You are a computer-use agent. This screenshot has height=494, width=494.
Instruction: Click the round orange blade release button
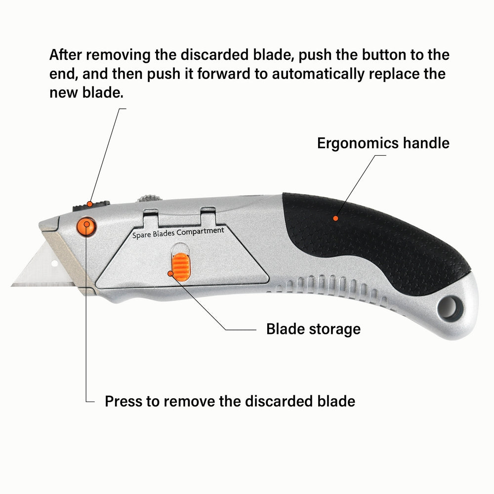[x=86, y=226]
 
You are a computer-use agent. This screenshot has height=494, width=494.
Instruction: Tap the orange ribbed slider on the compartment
[x=181, y=267]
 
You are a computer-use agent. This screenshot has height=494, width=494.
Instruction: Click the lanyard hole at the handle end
[x=449, y=307]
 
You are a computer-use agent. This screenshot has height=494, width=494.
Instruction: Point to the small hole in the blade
[x=54, y=263]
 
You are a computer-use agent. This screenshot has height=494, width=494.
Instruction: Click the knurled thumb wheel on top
[x=149, y=199]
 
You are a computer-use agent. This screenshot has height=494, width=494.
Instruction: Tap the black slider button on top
[x=91, y=206]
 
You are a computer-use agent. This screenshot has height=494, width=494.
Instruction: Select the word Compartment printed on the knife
[x=201, y=231]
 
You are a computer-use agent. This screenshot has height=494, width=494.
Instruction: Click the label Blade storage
[x=314, y=329]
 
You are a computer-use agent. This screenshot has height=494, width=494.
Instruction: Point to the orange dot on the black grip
[x=335, y=218]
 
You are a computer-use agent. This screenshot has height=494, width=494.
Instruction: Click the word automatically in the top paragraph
[x=318, y=75]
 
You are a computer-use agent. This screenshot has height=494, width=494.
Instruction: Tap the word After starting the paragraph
[x=66, y=55]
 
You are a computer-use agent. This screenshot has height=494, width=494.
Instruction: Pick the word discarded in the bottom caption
[x=279, y=401]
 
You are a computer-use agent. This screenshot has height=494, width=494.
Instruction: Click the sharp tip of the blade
[x=12, y=286]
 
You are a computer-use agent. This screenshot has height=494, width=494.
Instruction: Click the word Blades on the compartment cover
[x=164, y=234]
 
